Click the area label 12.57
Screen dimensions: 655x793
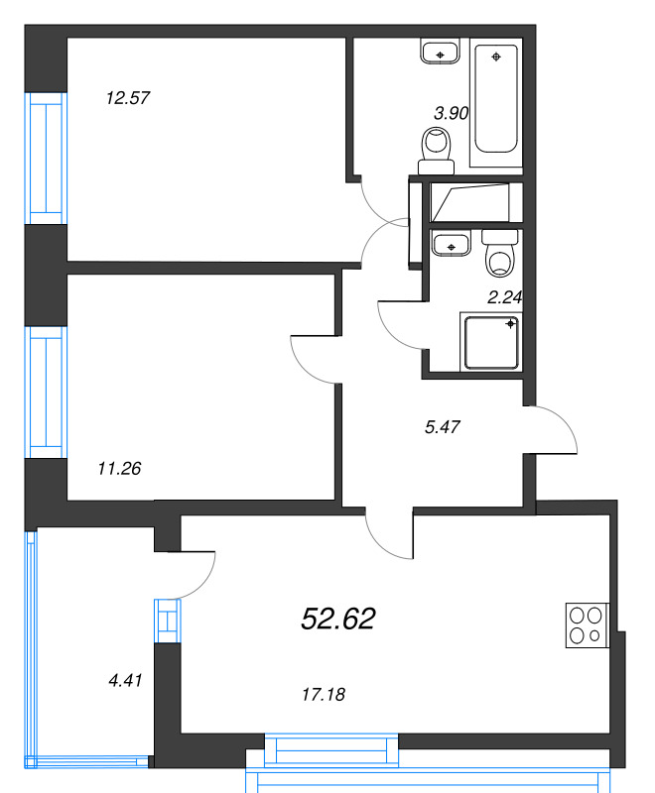click(x=128, y=97)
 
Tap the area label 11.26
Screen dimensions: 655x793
click(x=119, y=469)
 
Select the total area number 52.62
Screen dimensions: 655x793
click(x=338, y=619)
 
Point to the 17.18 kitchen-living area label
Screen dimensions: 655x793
click(x=324, y=695)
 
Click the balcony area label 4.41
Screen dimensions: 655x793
click(x=125, y=680)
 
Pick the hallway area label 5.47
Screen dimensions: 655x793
click(x=443, y=427)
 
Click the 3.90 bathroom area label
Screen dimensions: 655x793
click(x=451, y=113)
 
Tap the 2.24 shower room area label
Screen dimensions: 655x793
click(x=505, y=297)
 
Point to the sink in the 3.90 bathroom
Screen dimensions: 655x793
click(x=440, y=52)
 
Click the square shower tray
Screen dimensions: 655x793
click(x=491, y=342)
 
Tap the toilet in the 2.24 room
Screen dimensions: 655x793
click(x=499, y=253)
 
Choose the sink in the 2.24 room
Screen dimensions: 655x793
click(x=452, y=243)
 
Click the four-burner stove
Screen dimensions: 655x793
click(x=588, y=625)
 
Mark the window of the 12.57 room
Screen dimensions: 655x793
click(x=46, y=159)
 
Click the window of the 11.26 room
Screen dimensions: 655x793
click(x=46, y=393)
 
